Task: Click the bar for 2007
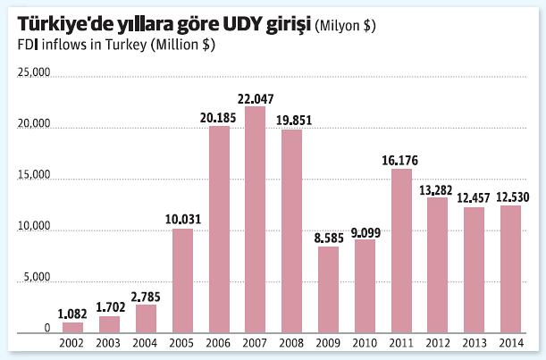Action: pos(256,220)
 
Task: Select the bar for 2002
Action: pos(73,327)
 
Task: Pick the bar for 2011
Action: pos(401,250)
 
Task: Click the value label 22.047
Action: pos(256,97)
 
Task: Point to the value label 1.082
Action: pos(73,314)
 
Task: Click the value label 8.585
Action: pos(329,237)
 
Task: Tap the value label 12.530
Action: pos(511,197)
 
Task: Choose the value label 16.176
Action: pos(401,160)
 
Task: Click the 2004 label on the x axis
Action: pos(146,343)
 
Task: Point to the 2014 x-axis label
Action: pos(511,343)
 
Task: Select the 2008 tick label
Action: pos(292,343)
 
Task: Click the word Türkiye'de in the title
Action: pos(66,24)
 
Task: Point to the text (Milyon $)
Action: pos(346,26)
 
